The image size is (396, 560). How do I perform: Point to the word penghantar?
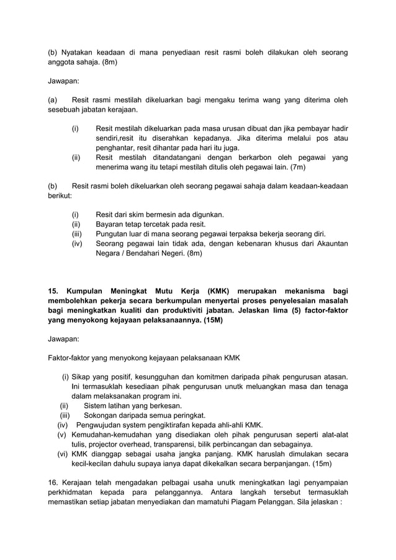117,148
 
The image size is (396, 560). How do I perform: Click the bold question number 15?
53,291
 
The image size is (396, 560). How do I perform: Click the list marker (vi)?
61,454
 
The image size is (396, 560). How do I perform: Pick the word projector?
110,444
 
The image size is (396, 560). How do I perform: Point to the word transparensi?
176,444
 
